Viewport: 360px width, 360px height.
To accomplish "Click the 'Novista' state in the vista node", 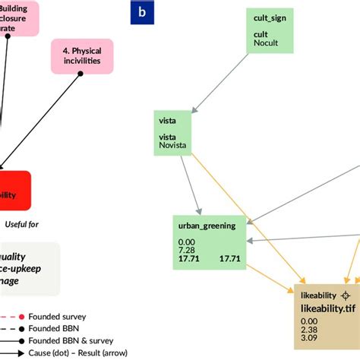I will [172, 145].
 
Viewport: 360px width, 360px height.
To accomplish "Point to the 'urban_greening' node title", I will [207, 225].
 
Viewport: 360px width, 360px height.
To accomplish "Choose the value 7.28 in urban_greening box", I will [188, 250].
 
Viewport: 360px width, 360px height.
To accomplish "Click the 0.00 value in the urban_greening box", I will [188, 241].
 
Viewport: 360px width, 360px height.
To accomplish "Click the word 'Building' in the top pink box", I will [17, 8].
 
